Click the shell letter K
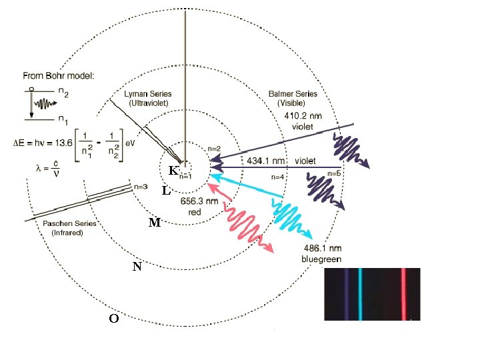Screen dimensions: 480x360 pyautogui.click(x=173, y=170)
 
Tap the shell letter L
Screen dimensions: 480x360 pyautogui.click(x=166, y=191)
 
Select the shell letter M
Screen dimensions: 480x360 pyautogui.click(x=155, y=222)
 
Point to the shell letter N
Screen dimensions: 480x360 pyautogui.click(x=137, y=267)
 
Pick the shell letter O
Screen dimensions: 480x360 pyautogui.click(x=114, y=319)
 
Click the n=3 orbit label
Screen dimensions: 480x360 pyautogui.click(x=141, y=187)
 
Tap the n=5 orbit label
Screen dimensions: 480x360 pyautogui.click(x=334, y=173)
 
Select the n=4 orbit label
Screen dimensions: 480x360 pyautogui.click(x=277, y=177)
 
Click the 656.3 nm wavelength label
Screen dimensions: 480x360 pyautogui.click(x=199, y=201)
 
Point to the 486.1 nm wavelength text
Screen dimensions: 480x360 pyautogui.click(x=323, y=248)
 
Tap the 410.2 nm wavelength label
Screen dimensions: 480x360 pyautogui.click(x=303, y=116)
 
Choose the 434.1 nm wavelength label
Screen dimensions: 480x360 pyautogui.click(x=266, y=161)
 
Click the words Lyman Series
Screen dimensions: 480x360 pyautogui.click(x=148, y=94)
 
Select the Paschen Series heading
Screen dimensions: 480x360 pyautogui.click(x=69, y=223)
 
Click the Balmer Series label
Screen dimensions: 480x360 pyautogui.click(x=293, y=94)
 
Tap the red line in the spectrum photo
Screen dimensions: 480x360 pyautogui.click(x=403, y=294)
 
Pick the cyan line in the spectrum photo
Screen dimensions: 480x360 pyautogui.click(x=360, y=294)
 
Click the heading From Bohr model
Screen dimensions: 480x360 pyautogui.click(x=59, y=75)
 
